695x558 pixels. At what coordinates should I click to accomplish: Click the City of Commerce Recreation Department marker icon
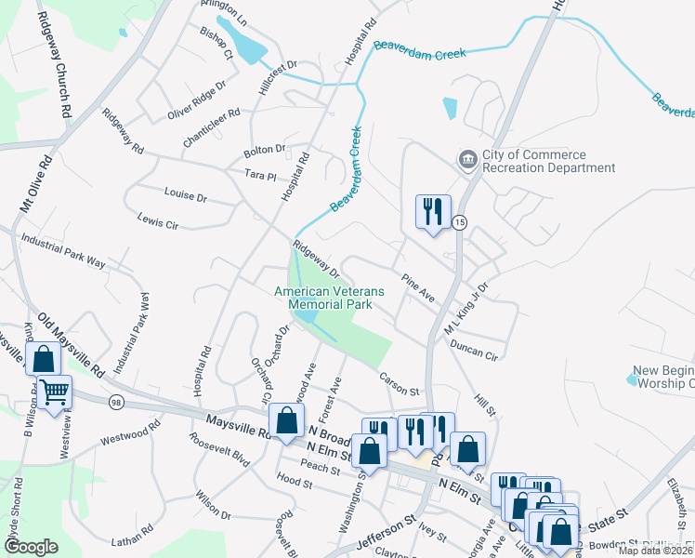[x=466, y=160]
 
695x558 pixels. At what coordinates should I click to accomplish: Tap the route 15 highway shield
[x=459, y=222]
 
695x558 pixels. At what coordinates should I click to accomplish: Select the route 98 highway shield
[x=116, y=401]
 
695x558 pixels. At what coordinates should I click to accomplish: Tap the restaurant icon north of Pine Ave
[x=433, y=212]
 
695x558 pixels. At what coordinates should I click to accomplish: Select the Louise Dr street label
[x=185, y=198]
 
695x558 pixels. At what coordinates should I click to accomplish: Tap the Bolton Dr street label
[x=265, y=150]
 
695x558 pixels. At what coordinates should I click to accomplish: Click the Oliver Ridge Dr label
[x=197, y=100]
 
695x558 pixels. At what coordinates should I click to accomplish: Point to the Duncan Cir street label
[x=474, y=351]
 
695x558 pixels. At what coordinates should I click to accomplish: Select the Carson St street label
[x=400, y=382]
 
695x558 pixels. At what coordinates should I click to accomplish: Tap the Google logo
[x=32, y=547]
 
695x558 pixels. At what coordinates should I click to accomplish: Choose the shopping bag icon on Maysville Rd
[x=287, y=420]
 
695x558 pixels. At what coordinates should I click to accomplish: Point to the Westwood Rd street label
[x=130, y=432]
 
